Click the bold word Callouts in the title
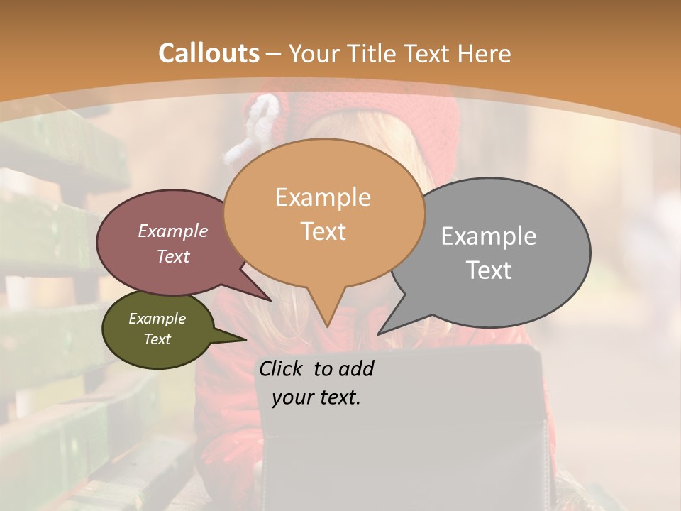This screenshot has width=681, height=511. tap(209, 53)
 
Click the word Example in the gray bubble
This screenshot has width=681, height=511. tap(488, 236)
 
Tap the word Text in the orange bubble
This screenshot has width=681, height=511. tap(323, 231)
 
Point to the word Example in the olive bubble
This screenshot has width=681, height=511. tap(157, 319)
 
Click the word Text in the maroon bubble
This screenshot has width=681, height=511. tap(173, 257)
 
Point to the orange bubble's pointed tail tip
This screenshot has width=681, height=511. tap(327, 326)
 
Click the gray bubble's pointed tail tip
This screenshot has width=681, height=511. tap(379, 333)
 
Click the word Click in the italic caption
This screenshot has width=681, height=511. tap(282, 368)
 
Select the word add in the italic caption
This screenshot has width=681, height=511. tap(357, 368)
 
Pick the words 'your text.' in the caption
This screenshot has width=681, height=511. tap(316, 397)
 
